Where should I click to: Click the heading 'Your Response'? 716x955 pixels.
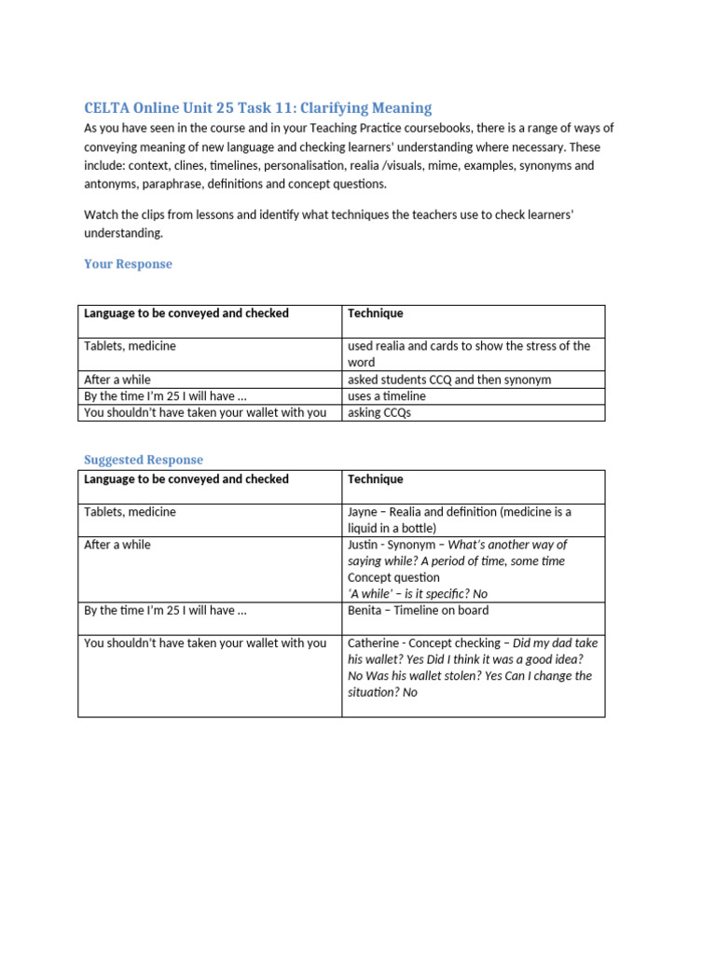(128, 264)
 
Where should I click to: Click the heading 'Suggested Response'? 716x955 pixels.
(143, 460)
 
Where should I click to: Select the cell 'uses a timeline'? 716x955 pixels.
(386, 396)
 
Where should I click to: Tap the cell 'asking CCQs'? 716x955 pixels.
(379, 412)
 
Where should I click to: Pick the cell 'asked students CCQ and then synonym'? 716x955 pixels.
(448, 380)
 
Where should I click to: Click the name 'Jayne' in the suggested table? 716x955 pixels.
(364, 512)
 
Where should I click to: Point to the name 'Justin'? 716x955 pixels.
(364, 545)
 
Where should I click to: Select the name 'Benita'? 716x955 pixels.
(366, 611)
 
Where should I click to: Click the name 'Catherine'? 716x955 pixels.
(375, 644)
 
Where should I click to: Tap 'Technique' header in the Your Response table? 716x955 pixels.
(375, 313)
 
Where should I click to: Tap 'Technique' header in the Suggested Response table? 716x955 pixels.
(375, 479)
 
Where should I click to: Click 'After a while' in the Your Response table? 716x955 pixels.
(117, 380)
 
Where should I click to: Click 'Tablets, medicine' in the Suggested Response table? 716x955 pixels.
(130, 512)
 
